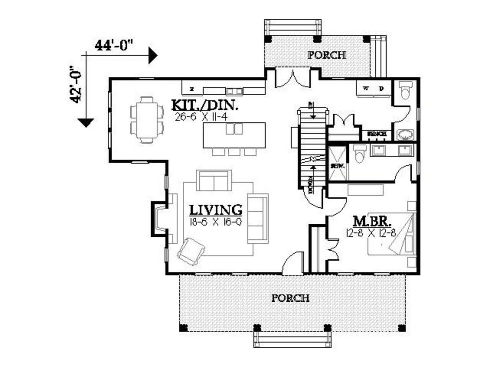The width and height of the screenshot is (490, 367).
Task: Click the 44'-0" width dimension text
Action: pos(114,45)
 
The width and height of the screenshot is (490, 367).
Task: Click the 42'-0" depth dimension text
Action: pos(76,84)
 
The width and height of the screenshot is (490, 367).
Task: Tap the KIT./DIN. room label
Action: pos(205,105)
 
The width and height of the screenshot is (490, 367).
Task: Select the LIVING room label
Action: pos(215,210)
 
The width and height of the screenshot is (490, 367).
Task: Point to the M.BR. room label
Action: pos(372,221)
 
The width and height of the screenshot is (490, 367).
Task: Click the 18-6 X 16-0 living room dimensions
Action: pos(215,222)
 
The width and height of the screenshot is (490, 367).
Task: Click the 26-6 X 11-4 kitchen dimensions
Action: pos(201,117)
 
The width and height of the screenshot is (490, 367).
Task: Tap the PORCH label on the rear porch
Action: pos(327,55)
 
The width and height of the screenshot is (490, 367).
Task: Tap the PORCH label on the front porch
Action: pos(290,298)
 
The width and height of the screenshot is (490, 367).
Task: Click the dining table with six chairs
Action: pos(147,120)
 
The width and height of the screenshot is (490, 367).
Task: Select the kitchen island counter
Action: pos(234,135)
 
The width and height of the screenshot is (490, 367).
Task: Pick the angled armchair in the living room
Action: pos(191,251)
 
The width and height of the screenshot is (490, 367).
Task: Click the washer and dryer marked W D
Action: pos(373,89)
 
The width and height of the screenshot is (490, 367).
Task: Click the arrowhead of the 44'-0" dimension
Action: pos(153,55)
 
